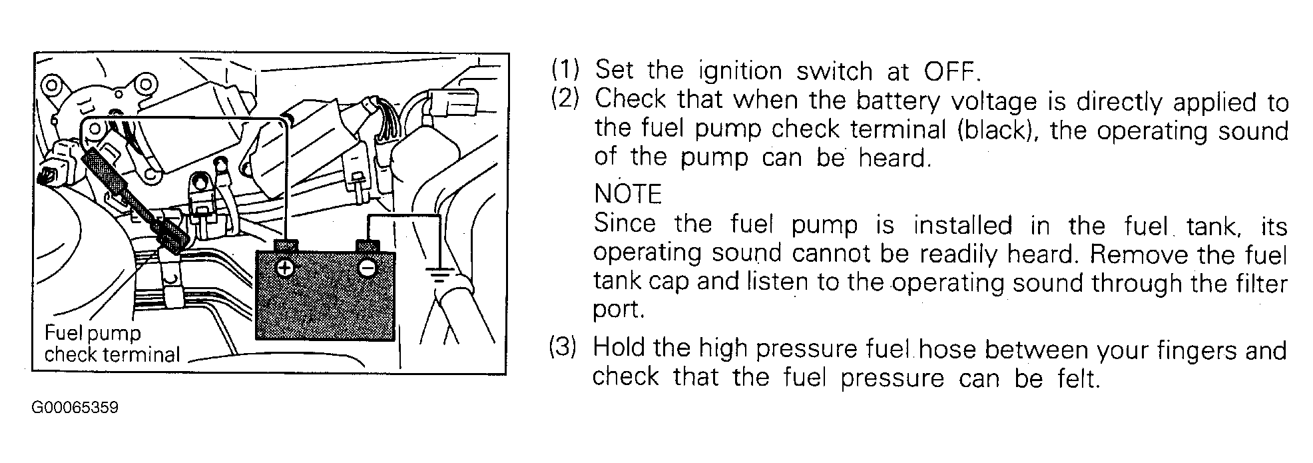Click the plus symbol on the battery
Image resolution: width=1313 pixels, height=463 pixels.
click(x=285, y=268)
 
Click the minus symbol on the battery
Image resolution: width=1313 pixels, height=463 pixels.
click(x=366, y=268)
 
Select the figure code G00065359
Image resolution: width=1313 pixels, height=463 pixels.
click(x=75, y=408)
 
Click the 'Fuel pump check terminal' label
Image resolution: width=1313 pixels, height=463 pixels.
click(x=112, y=344)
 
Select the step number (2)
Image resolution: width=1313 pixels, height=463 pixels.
click(x=565, y=100)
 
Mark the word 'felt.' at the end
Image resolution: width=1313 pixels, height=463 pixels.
click(x=1077, y=378)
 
